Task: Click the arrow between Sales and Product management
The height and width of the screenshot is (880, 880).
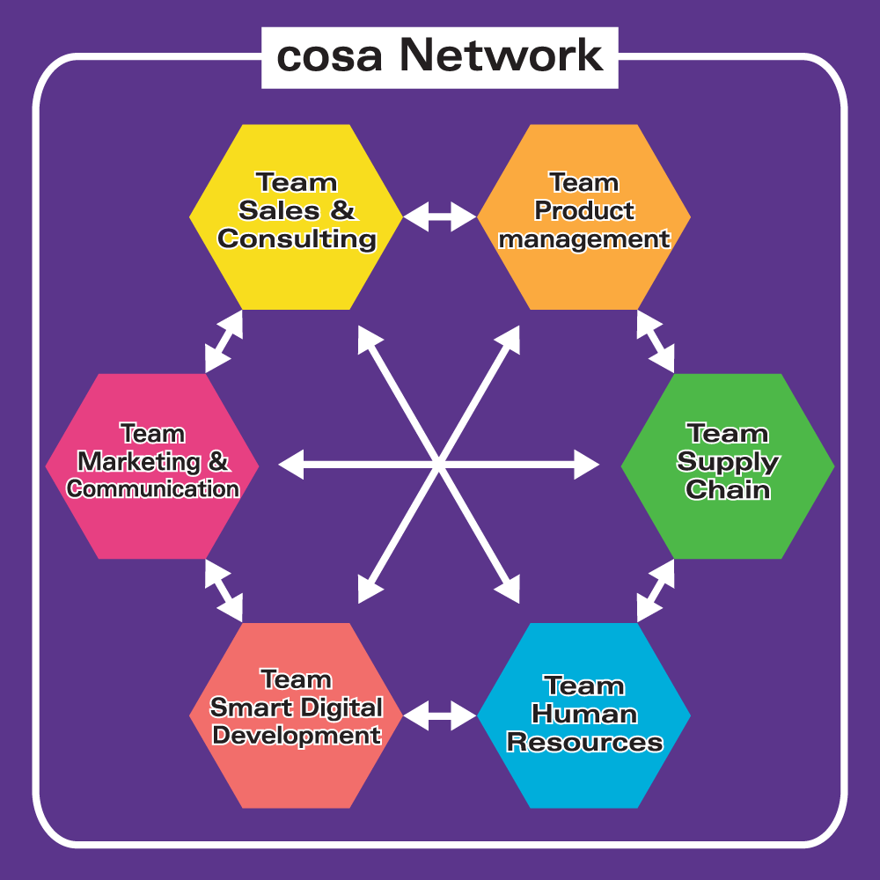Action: [440, 216]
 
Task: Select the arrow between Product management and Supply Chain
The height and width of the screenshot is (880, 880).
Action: [656, 341]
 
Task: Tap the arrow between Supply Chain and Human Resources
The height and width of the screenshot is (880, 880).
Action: [656, 590]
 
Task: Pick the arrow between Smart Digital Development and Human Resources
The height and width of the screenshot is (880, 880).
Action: [440, 715]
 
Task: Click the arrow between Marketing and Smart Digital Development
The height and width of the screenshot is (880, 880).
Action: [224, 590]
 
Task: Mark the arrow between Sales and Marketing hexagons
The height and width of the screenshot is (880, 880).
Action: [224, 341]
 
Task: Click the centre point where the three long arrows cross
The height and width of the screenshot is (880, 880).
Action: [438, 463]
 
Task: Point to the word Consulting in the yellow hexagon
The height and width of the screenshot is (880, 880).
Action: [297, 238]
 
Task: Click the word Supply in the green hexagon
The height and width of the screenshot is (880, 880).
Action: [728, 461]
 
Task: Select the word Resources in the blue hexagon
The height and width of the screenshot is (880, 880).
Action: [584, 742]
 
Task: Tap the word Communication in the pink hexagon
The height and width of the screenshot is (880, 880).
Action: [153, 488]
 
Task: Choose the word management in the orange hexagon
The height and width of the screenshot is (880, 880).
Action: [584, 238]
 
